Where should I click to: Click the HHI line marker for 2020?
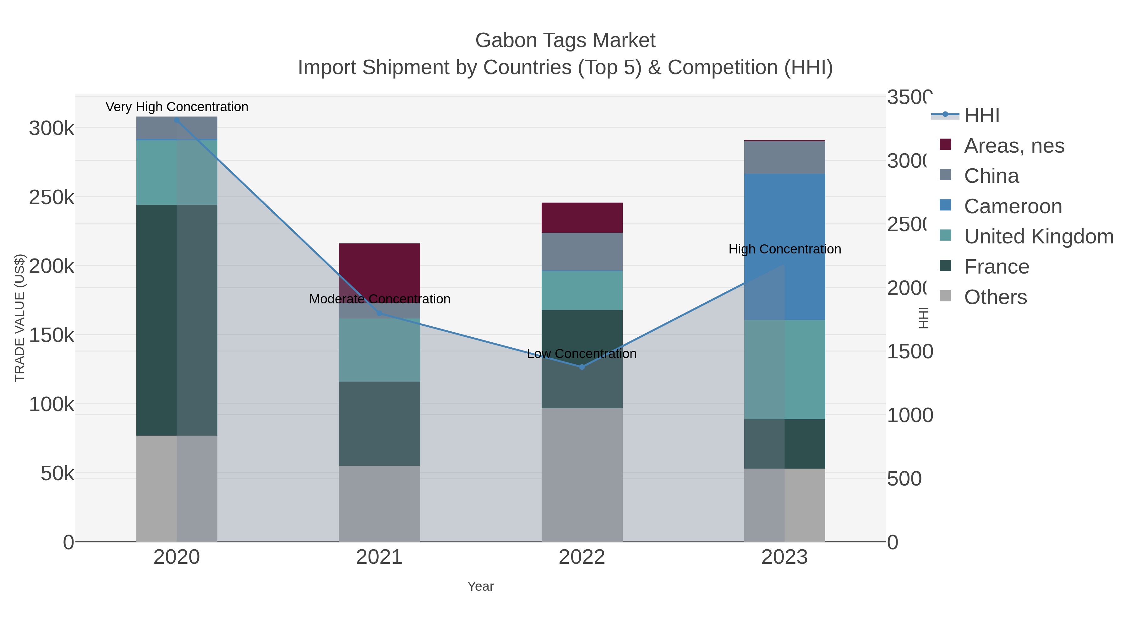177,120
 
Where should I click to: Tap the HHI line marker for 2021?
379,313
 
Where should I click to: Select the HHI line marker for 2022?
582,367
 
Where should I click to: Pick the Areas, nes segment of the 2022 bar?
582,218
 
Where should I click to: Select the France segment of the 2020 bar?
177,320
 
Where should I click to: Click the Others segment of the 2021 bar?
379,503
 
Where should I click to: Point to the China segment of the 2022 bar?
582,252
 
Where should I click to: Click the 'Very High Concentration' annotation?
177,107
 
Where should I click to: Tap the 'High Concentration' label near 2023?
784,249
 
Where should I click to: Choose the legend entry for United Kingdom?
1038,236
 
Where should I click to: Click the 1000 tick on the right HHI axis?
910,415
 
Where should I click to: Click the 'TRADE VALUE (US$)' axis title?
20,318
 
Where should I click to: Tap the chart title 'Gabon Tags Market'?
565,41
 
